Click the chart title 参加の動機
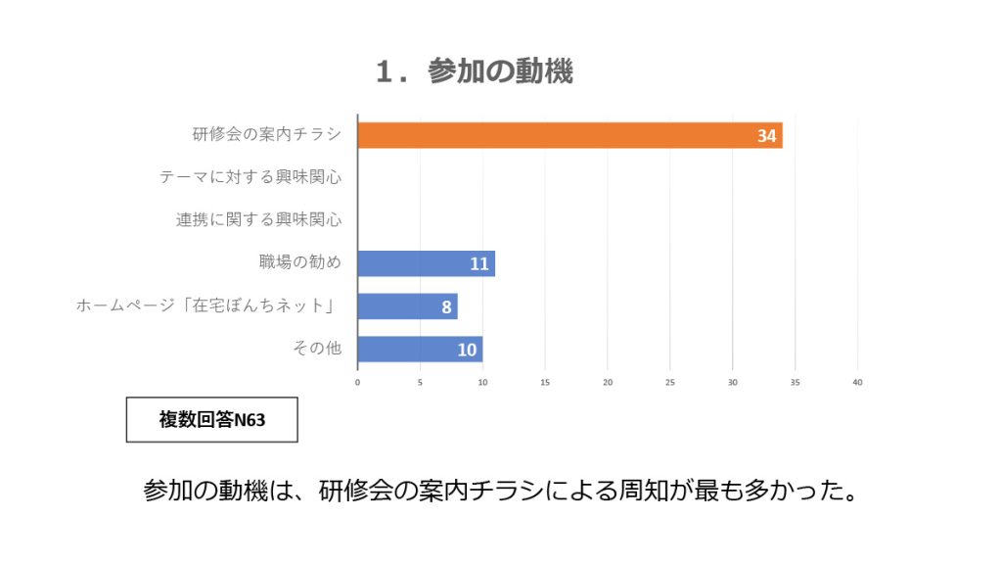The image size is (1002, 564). click(475, 71)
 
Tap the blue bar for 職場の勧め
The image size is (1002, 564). click(426, 263)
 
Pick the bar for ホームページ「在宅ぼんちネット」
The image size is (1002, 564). click(407, 306)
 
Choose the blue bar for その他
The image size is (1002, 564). click(420, 350)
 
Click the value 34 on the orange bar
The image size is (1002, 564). click(766, 136)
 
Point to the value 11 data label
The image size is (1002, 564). click(478, 264)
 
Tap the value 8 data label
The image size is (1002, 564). click(446, 307)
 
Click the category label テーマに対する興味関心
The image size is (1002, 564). click(250, 177)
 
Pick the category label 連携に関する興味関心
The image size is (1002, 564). click(258, 220)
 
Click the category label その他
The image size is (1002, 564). click(317, 349)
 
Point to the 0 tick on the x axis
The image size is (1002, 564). click(357, 382)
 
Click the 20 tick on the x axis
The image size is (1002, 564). click(608, 382)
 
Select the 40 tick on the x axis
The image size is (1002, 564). click(858, 382)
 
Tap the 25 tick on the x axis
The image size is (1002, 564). click(670, 382)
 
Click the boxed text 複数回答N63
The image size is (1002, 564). click(212, 420)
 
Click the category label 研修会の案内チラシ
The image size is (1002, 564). click(267, 135)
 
